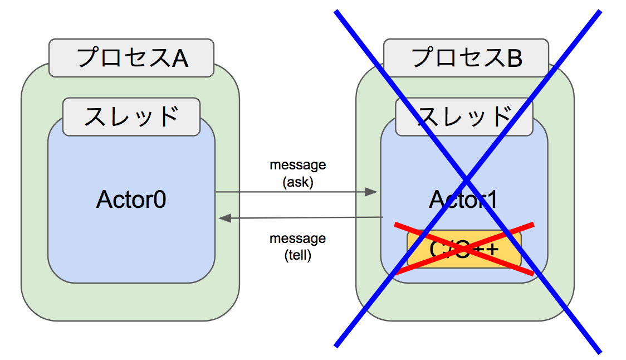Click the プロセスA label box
(131, 57)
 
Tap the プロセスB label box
(466, 57)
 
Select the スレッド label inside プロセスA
(131, 116)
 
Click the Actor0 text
(131, 200)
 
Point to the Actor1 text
(463, 200)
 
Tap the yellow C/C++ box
(464, 249)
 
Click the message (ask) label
(297, 173)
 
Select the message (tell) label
(297, 247)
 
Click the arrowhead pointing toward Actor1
(372, 192)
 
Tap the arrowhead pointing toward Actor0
(224, 218)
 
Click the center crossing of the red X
(464, 249)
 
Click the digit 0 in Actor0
(159, 200)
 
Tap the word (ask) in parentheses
(297, 181)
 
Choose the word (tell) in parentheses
(297, 255)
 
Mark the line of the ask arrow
(290, 192)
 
